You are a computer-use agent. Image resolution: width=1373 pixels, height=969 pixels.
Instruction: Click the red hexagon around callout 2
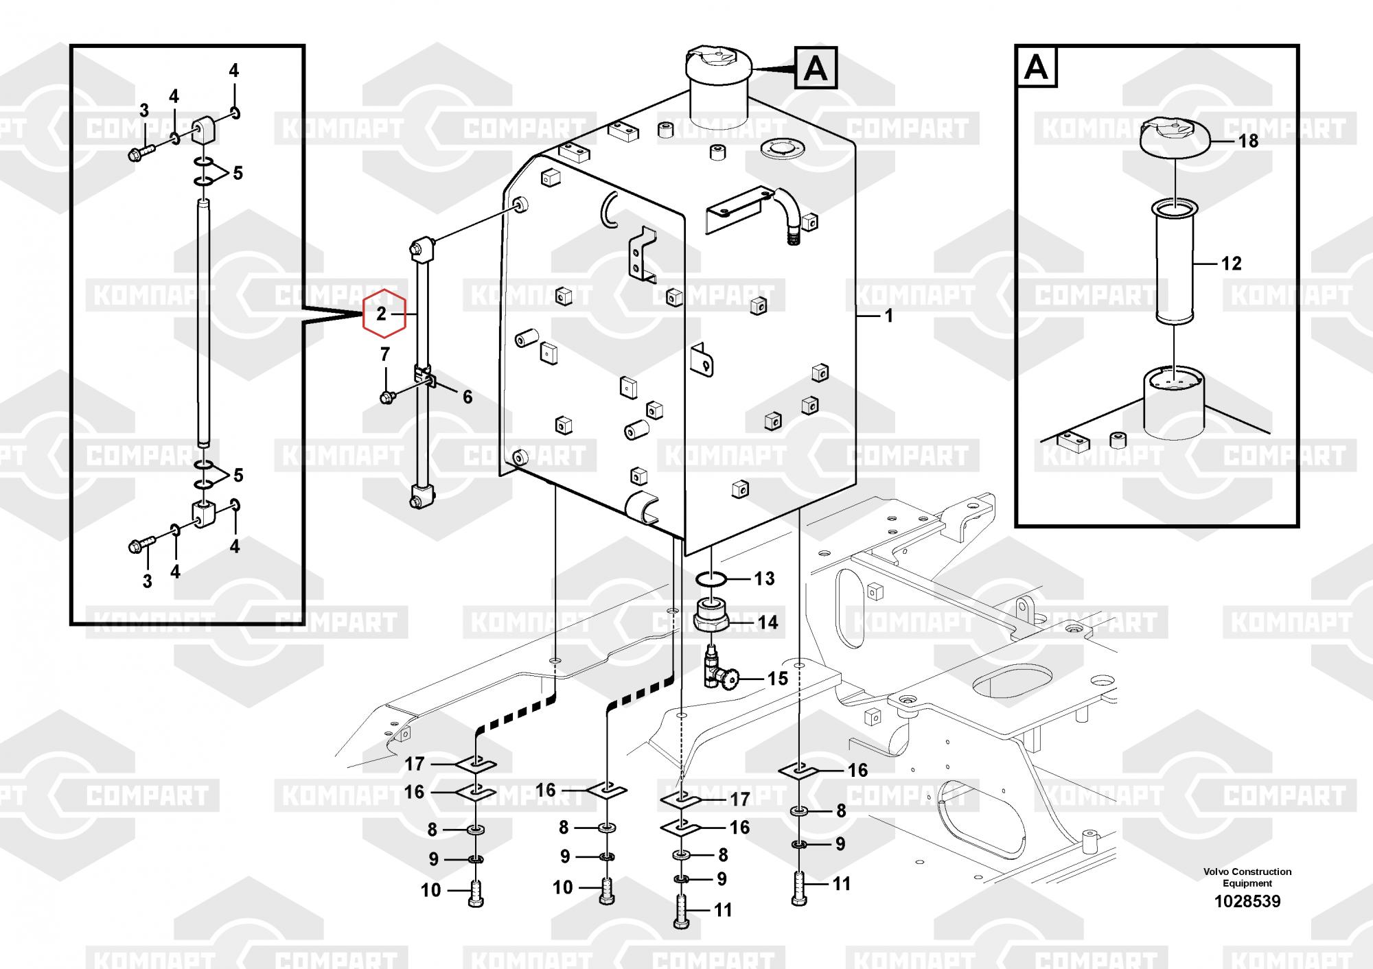coord(384,314)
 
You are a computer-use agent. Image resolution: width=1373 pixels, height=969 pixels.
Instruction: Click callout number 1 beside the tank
coord(888,316)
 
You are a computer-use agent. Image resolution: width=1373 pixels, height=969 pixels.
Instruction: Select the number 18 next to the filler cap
coord(1248,141)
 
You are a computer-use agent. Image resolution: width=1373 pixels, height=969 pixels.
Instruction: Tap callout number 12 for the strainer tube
coord(1231,264)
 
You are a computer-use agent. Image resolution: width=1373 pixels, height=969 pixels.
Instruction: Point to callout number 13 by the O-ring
coord(764,579)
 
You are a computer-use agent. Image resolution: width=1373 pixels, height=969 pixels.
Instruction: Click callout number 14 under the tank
coord(768,622)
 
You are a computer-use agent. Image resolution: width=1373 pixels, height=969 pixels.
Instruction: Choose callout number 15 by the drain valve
coord(777,679)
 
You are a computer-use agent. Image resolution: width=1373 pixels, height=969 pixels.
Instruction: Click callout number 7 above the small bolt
coord(384,355)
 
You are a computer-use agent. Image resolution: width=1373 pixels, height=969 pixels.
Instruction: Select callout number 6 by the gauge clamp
coord(468,397)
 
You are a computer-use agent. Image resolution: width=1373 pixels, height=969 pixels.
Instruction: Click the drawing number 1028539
coord(1247,901)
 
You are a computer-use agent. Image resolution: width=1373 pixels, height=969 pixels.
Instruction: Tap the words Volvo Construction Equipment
coord(1247,877)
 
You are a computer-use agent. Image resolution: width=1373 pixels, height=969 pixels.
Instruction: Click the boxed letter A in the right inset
coord(1036,67)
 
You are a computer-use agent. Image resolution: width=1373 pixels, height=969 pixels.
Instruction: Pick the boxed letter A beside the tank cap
coord(816,68)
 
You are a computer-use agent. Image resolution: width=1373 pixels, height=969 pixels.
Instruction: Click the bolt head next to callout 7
coord(386,397)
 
